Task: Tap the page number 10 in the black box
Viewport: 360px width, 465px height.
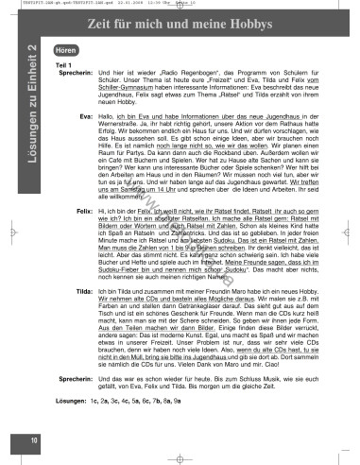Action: tap(33, 439)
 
